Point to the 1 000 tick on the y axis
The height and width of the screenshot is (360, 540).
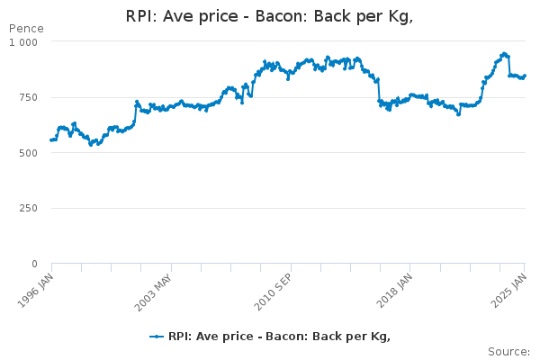(x=23, y=42)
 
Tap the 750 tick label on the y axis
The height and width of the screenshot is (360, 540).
(x=29, y=97)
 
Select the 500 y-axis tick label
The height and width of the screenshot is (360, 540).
(x=29, y=153)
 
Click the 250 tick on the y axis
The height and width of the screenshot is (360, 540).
(x=29, y=208)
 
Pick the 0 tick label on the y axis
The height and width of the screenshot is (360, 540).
(x=34, y=264)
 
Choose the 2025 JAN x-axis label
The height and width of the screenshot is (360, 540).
(x=508, y=287)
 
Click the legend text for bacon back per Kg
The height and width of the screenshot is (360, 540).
(x=279, y=337)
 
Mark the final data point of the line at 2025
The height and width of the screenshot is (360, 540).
(x=525, y=76)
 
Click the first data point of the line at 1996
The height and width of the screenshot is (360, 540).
(x=51, y=140)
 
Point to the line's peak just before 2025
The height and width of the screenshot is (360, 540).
(x=504, y=53)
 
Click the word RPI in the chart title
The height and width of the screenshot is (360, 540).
(x=151, y=15)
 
